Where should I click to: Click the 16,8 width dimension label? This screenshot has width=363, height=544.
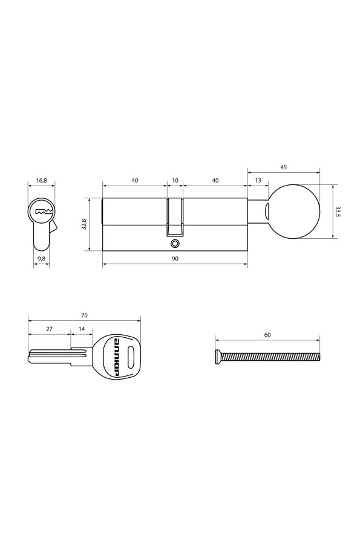41,180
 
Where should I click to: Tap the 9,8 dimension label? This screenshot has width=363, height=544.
41,259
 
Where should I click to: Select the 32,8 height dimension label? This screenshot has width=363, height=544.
84,224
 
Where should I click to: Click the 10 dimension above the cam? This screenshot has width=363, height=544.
175,180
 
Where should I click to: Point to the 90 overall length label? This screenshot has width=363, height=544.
175,259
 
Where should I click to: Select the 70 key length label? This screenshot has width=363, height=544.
84,315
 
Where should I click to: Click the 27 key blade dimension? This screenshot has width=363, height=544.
49,329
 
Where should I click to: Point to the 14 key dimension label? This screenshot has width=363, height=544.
82,329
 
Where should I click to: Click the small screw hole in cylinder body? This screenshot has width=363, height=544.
175,244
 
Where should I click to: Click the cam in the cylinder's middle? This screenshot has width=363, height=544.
175,216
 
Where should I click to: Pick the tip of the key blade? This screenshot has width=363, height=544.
30,358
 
